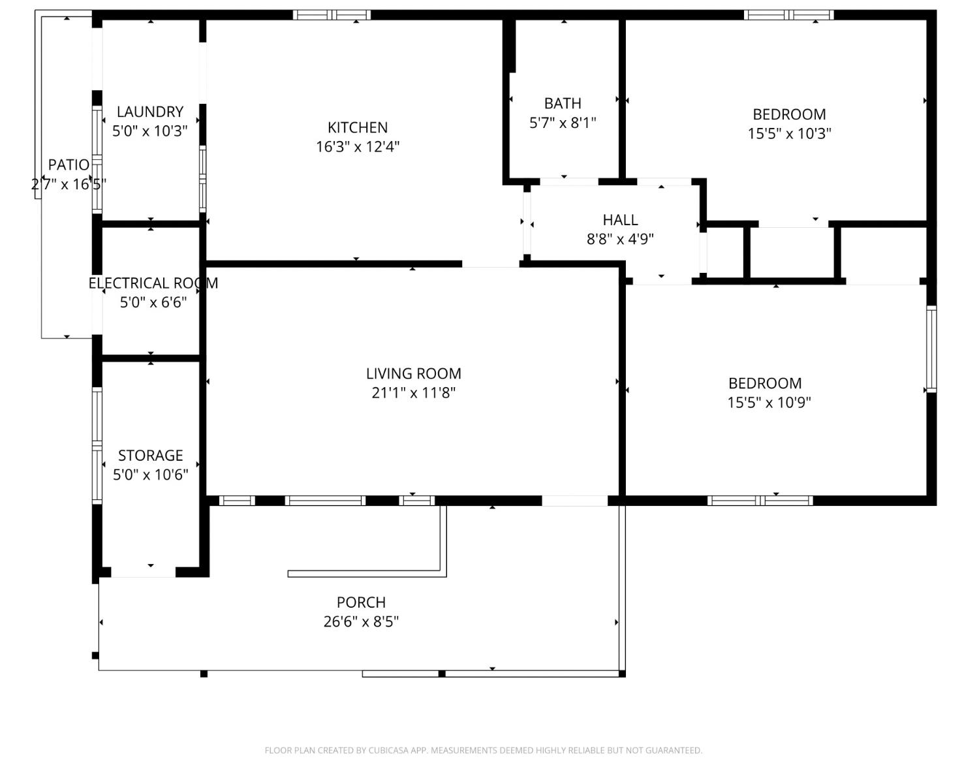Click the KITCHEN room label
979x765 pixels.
(357, 127)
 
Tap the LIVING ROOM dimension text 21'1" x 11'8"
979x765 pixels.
(413, 392)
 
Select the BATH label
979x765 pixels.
(563, 103)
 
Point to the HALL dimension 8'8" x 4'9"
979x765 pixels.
(619, 239)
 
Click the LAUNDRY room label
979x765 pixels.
(149, 112)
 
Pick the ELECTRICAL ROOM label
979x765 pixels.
(153, 283)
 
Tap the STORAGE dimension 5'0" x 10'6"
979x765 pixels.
(150, 475)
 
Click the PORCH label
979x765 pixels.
(361, 602)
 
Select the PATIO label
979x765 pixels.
(69, 164)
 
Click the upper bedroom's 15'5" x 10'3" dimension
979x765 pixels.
(789, 133)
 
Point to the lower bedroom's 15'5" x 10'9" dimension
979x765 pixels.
(769, 402)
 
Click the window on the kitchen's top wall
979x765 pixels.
(332, 15)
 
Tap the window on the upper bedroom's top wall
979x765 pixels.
(788, 15)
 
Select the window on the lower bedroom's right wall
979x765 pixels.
(931, 349)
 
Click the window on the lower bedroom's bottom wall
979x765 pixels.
(760, 501)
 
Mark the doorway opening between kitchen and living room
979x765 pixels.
(491, 264)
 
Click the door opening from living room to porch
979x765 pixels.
(574, 501)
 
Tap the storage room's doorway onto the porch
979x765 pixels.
(143, 572)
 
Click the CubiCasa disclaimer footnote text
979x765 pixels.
(483, 750)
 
